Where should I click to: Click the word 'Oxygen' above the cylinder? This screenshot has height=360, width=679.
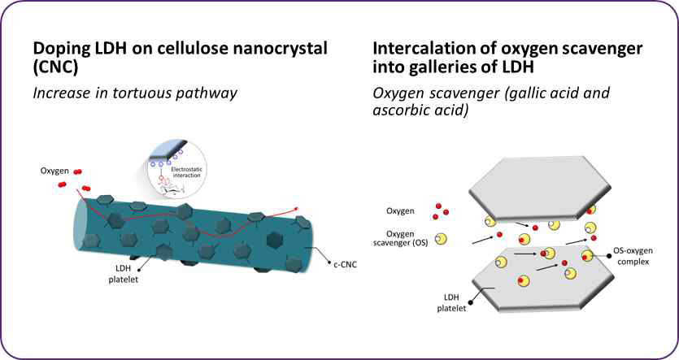[x=56, y=171]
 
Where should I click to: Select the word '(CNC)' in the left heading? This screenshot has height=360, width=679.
[x=58, y=69]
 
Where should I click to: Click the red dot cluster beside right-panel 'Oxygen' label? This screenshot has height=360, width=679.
[x=442, y=211]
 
